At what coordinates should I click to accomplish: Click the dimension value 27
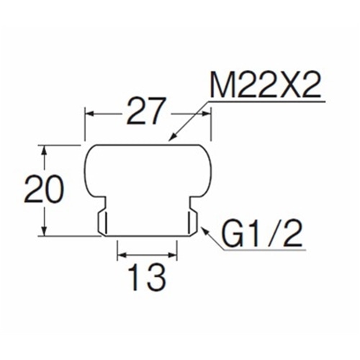coord(146,111)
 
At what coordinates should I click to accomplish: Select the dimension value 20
coord(45,189)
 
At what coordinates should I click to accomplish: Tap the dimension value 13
coord(148,278)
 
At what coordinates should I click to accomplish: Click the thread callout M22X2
coord(265,86)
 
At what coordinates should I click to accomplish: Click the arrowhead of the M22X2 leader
coord(173,137)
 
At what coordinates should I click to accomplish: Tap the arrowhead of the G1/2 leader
coord(205,230)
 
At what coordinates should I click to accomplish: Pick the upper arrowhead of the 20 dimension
coord(44,150)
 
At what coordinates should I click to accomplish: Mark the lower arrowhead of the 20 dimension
coord(44,230)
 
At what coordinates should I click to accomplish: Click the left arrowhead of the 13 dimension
coord(122,255)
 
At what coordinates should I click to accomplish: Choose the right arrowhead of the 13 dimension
coord(171,255)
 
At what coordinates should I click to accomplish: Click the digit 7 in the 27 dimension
coord(157,111)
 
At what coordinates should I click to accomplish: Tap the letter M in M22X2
coord(222,86)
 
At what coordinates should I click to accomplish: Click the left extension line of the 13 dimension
coord(117,250)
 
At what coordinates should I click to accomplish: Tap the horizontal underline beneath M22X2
coord(267,102)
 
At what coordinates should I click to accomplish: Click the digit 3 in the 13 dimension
coord(156,278)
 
